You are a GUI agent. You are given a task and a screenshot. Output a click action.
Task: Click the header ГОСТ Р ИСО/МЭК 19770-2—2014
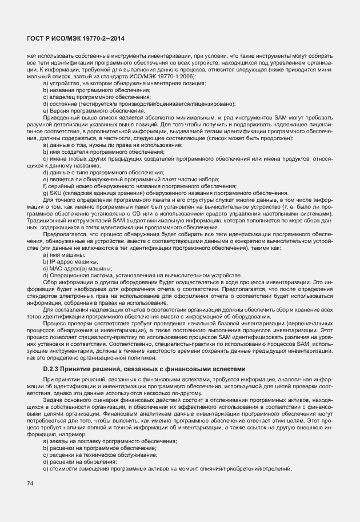point(76,38)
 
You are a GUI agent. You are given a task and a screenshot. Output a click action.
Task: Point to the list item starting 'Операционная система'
point(142,275)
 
